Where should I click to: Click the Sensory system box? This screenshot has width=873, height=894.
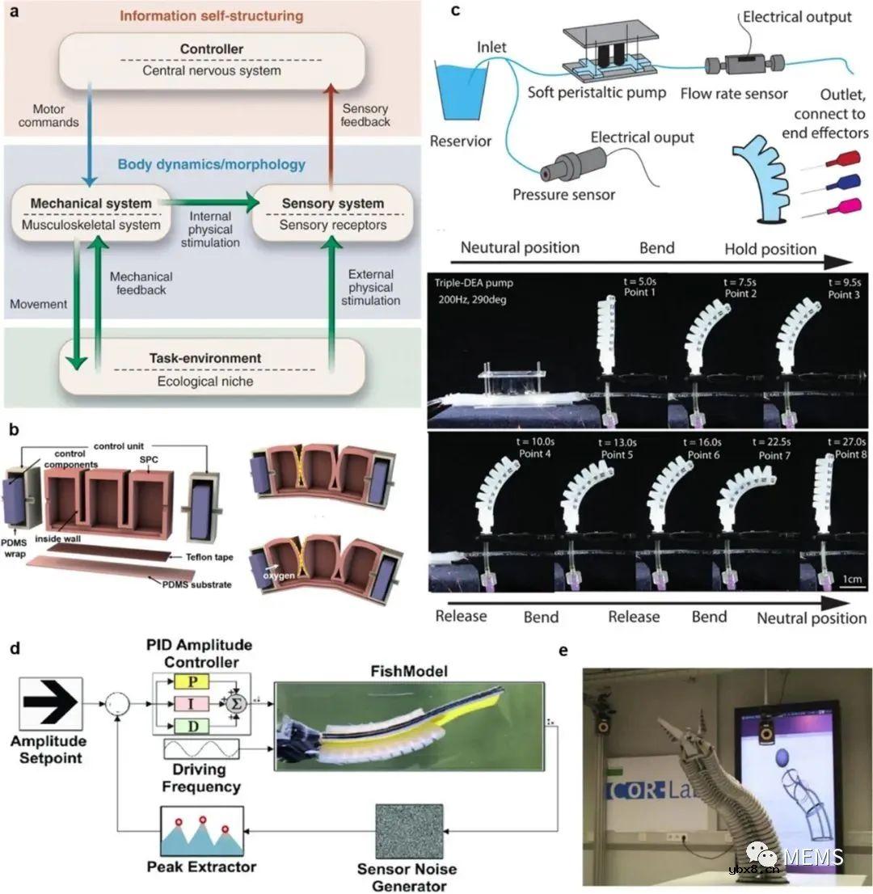click(332, 213)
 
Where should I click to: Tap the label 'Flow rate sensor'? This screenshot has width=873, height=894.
click(734, 94)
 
